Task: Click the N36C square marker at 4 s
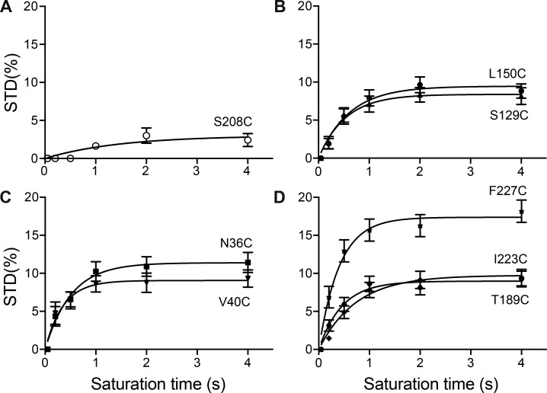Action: tap(248, 263)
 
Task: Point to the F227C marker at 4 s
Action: tap(521, 212)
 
